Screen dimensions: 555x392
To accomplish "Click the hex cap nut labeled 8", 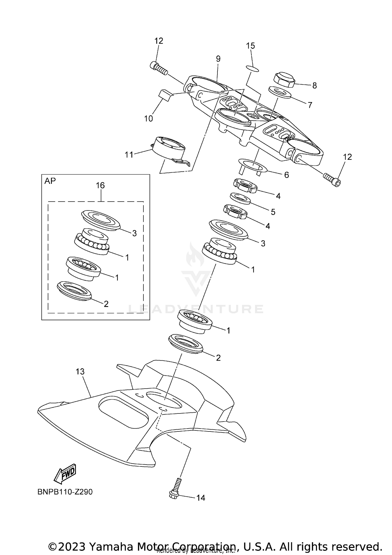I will tap(284, 80).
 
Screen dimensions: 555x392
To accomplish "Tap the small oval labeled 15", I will tap(252, 68).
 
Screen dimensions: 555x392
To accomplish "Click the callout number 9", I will tap(218, 59).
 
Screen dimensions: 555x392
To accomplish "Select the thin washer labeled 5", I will tap(240, 198).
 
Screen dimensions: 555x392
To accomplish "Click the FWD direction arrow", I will tap(65, 473).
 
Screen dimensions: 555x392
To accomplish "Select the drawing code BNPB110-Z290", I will tap(65, 492).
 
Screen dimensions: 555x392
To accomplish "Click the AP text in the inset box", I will tap(50, 181).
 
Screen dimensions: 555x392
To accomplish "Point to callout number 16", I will tap(100, 185).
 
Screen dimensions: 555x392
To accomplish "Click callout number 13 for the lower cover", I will tap(80, 371).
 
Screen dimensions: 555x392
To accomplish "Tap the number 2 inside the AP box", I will tap(106, 304).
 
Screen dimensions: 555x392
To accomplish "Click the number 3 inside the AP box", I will tap(134, 233).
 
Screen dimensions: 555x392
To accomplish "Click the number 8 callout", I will tap(314, 85).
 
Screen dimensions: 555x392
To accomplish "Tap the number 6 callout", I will tap(286, 175).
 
